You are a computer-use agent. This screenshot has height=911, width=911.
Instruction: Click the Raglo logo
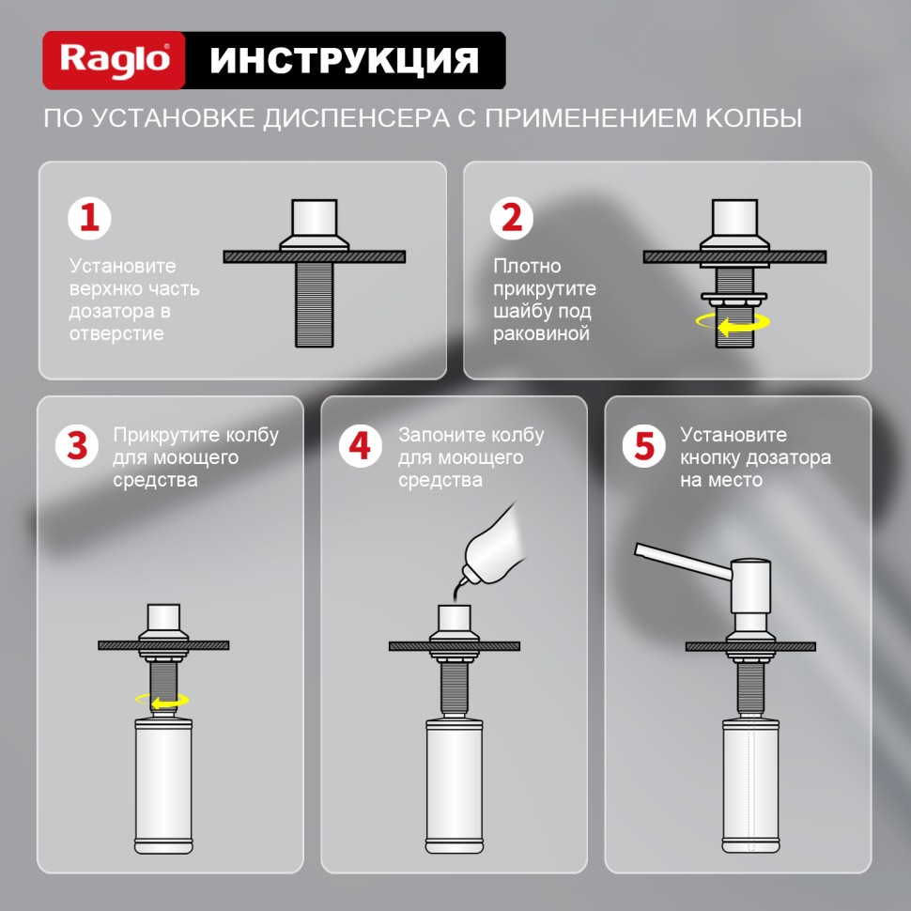click(115, 60)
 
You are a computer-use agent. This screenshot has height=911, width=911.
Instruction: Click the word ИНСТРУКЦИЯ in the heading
click(344, 60)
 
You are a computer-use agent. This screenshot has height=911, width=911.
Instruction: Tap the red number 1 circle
click(89, 219)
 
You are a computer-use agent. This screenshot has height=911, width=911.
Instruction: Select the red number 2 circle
click(513, 219)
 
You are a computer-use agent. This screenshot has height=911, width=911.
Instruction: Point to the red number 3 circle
click(77, 445)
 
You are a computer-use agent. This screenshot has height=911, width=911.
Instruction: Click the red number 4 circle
click(361, 445)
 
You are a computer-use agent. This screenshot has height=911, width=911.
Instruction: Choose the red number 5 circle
click(644, 445)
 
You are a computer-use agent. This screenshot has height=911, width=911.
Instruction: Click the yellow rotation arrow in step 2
click(733, 322)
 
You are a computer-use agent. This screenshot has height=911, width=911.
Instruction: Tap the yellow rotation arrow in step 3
click(162, 700)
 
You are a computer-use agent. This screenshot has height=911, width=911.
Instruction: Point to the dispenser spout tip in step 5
click(641, 550)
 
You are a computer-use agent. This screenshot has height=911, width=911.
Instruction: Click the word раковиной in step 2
click(541, 333)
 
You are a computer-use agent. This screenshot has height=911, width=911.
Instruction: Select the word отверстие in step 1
click(116, 333)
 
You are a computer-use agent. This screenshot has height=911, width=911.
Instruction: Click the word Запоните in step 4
click(439, 435)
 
